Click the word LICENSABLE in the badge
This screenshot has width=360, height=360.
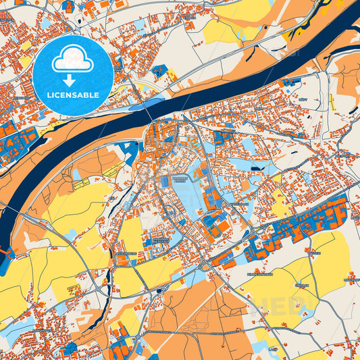tap(73, 94)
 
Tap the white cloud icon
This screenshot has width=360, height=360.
tap(73, 59)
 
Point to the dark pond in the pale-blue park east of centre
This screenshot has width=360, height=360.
tap(255, 170)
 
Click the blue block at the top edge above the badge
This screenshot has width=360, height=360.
tap(68, 6)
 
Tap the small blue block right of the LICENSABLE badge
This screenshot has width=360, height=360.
tap(159, 70)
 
